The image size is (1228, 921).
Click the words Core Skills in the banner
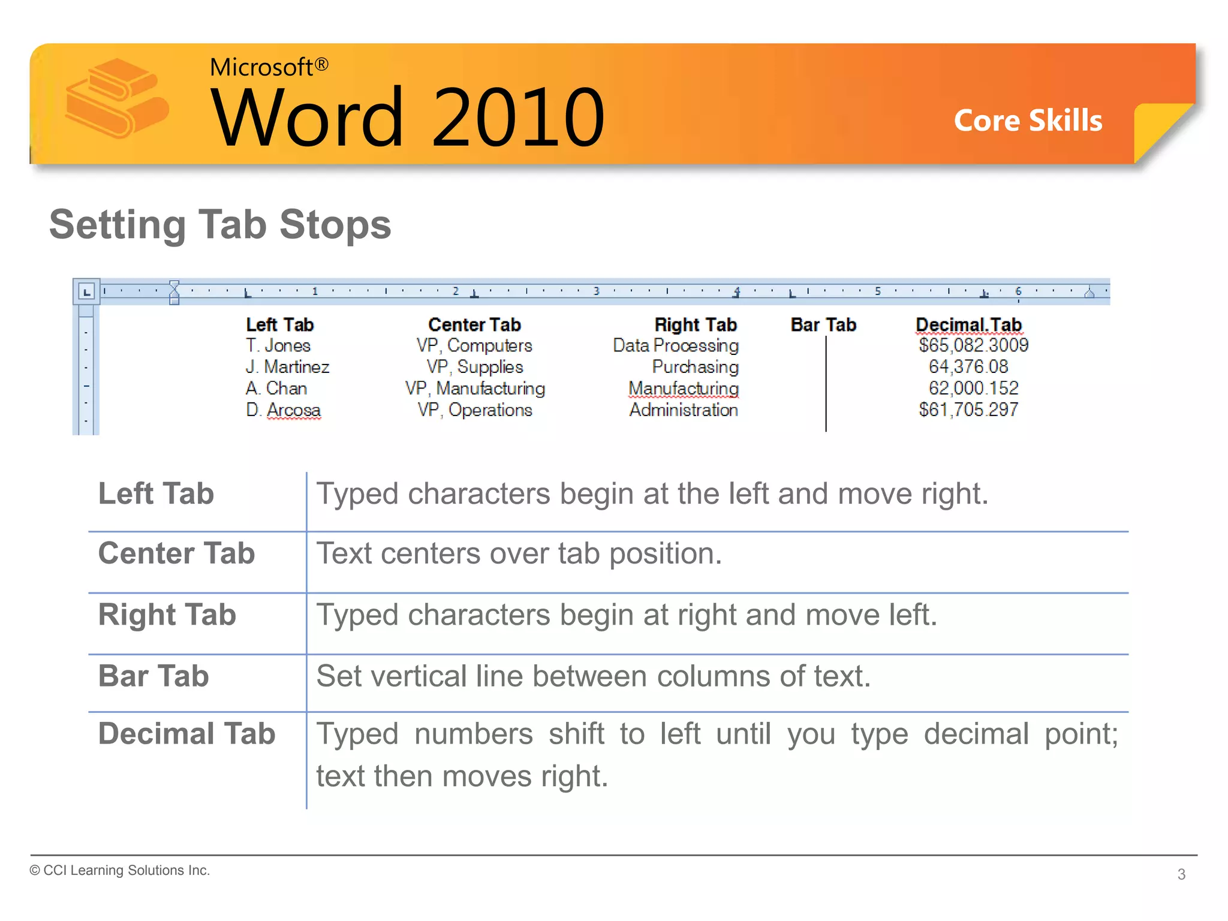[1028, 121]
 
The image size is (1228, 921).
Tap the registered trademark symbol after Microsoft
[321, 64]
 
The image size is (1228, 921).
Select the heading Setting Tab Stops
[220, 225]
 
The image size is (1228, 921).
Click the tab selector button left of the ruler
[87, 292]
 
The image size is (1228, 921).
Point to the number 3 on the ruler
[596, 291]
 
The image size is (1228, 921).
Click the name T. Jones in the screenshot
[278, 346]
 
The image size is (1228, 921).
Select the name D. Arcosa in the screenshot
[283, 410]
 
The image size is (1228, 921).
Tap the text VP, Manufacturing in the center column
[475, 389]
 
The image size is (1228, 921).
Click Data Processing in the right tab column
[676, 346]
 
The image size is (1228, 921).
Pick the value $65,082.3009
[973, 345]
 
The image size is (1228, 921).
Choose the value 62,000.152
[973, 389]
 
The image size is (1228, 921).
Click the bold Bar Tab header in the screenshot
[823, 325]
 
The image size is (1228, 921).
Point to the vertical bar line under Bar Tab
[826, 384]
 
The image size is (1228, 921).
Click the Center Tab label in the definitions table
[177, 553]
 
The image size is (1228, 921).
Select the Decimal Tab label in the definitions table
[186, 734]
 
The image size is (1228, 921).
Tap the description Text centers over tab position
[519, 553]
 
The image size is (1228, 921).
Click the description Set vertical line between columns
[594, 676]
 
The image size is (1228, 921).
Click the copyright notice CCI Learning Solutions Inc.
[120, 871]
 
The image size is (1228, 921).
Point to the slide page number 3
[1181, 875]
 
